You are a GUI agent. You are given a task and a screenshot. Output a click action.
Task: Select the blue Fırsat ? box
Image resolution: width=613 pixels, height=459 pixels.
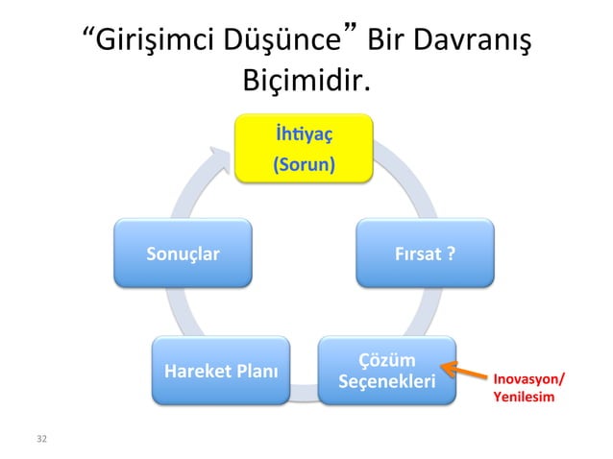click(426, 254)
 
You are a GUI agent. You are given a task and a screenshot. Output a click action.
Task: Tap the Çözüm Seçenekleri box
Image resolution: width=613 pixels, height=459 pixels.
click(387, 372)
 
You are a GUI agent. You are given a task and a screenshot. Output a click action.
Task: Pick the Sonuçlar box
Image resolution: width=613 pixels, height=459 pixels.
click(183, 254)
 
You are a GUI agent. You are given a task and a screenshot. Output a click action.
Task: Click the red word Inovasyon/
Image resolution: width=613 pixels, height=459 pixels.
click(528, 378)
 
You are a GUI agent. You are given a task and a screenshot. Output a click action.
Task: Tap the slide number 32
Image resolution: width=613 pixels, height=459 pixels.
click(40, 439)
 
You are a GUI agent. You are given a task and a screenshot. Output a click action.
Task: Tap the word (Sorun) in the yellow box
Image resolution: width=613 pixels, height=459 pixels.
click(305, 165)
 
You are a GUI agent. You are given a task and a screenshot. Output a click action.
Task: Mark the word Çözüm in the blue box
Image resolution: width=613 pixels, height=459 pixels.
click(387, 361)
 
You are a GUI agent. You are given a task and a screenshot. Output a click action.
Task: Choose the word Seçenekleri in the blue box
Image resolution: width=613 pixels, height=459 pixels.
click(387, 383)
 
